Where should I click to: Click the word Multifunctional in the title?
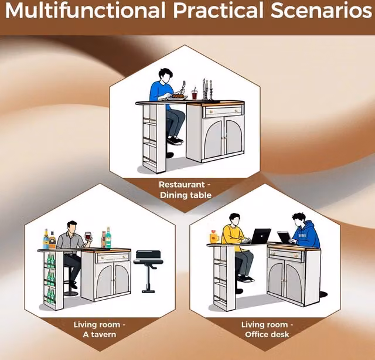point(85,11)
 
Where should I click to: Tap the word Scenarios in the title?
point(321,11)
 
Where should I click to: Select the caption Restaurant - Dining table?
point(185,190)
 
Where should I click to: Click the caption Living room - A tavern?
point(100,330)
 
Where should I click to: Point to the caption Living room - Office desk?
point(267,330)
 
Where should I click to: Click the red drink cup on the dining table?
point(195,94)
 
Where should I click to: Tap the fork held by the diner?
point(183,87)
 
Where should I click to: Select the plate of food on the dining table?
point(178,97)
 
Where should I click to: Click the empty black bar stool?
point(148,270)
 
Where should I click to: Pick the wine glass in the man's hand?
point(88,237)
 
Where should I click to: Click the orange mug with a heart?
point(214,237)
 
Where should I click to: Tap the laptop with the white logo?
point(261,236)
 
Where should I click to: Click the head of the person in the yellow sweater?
point(234,219)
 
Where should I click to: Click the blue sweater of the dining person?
point(160,91)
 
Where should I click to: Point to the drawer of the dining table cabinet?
point(223,111)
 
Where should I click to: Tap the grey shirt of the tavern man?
point(70,240)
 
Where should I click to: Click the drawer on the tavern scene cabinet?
point(112,257)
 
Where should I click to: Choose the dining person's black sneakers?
point(175,141)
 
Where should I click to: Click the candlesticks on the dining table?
point(207,89)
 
